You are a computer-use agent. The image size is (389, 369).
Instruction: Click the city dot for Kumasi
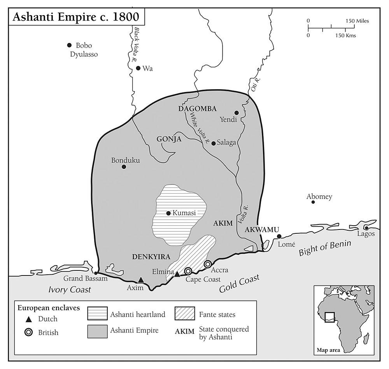pos(168,213)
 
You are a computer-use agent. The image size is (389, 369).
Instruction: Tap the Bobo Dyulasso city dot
pos(69,45)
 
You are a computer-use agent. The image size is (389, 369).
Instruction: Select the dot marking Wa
pos(138,68)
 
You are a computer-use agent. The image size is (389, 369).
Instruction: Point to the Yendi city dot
pos(237,113)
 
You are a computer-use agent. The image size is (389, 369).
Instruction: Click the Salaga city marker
pos(213,143)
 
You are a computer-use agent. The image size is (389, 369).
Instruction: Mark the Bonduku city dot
pos(124,167)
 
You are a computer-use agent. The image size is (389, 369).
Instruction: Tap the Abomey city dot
pos(313,202)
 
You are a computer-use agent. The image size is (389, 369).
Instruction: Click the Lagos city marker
pos(366,228)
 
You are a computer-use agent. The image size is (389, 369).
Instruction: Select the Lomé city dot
pos(279,237)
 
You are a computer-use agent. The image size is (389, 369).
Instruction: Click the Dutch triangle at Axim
pos(141,280)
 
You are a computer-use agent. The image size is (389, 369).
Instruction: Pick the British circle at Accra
pos(208,264)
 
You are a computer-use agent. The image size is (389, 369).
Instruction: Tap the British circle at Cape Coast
pos(188,271)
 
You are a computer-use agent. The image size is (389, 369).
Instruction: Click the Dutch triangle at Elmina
pos(177,274)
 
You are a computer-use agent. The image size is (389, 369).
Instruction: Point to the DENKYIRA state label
pos(149,257)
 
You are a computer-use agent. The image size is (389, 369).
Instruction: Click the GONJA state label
pos(169,139)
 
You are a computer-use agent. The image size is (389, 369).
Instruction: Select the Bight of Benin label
pos(324,248)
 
